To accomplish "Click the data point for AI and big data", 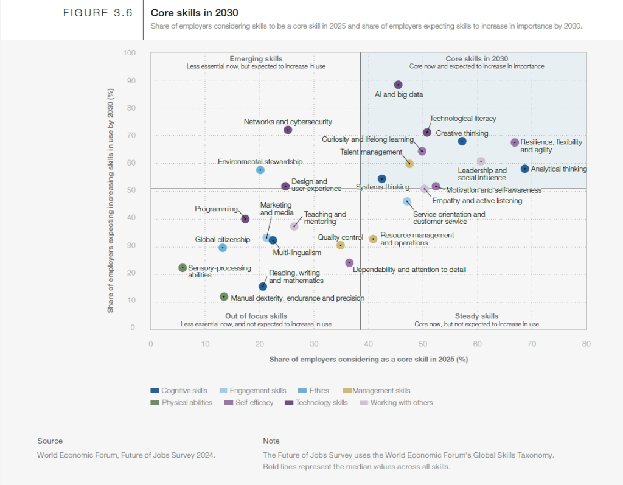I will coord(399,85).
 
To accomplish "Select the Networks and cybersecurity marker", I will coord(288,130).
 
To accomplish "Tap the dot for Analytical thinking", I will coord(524,169).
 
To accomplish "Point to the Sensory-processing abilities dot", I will coord(183,268).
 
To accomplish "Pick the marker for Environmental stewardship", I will coord(260,170).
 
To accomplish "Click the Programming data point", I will coord(245,219).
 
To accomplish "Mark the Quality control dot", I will coord(341,245).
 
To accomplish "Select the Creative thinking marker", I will coord(462,141).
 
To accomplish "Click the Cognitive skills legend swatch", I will coord(155,391).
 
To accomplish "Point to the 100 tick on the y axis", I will coord(129,53).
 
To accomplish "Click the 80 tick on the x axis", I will coord(586,344).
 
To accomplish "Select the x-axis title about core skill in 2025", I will coord(368,360).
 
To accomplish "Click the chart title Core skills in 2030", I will coord(195,13).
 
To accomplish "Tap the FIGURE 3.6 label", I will coord(97,13).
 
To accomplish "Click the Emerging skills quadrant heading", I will coord(256,58).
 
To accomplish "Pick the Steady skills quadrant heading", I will coord(476,316).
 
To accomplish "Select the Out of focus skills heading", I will coord(256,316).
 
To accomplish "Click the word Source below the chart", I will coord(50,441).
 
